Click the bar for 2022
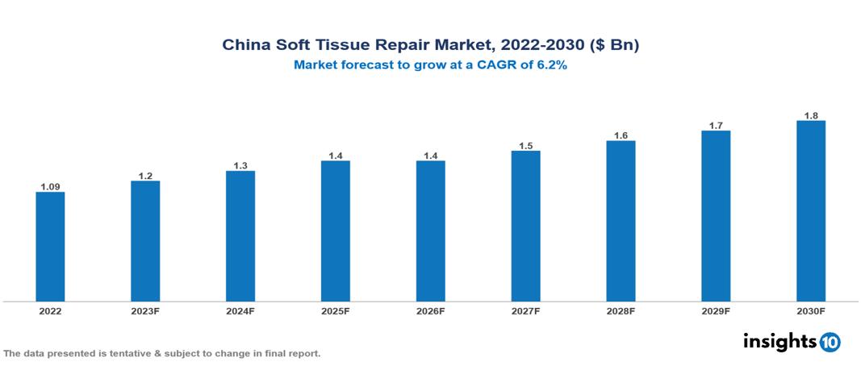click(50, 247)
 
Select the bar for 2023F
click(145, 241)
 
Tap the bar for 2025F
click(335, 231)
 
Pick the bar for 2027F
click(525, 227)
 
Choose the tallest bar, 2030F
click(811, 211)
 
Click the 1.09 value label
click(50, 186)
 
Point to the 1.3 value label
click(240, 165)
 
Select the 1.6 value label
click(621, 135)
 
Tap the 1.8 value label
click(811, 115)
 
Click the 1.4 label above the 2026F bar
click(430, 155)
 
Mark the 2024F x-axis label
click(240, 310)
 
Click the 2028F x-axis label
click(621, 310)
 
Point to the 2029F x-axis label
click(716, 310)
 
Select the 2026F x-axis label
click(430, 310)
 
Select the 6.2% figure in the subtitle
click(552, 66)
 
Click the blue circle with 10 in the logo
click(830, 342)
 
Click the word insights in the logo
click(779, 341)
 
